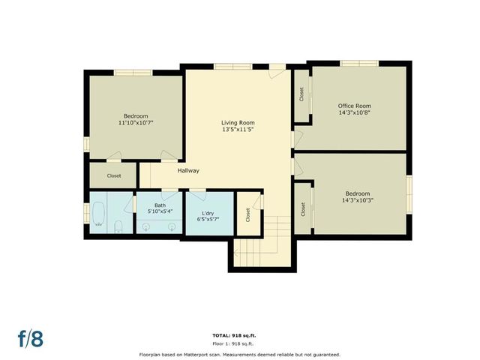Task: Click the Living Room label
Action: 238,122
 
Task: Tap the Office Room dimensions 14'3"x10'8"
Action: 354,112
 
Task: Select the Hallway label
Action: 188,171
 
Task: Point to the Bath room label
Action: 160,205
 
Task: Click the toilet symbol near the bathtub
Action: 118,226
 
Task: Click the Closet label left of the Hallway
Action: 114,175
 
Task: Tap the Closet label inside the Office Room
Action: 301,95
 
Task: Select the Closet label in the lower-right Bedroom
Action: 303,209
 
